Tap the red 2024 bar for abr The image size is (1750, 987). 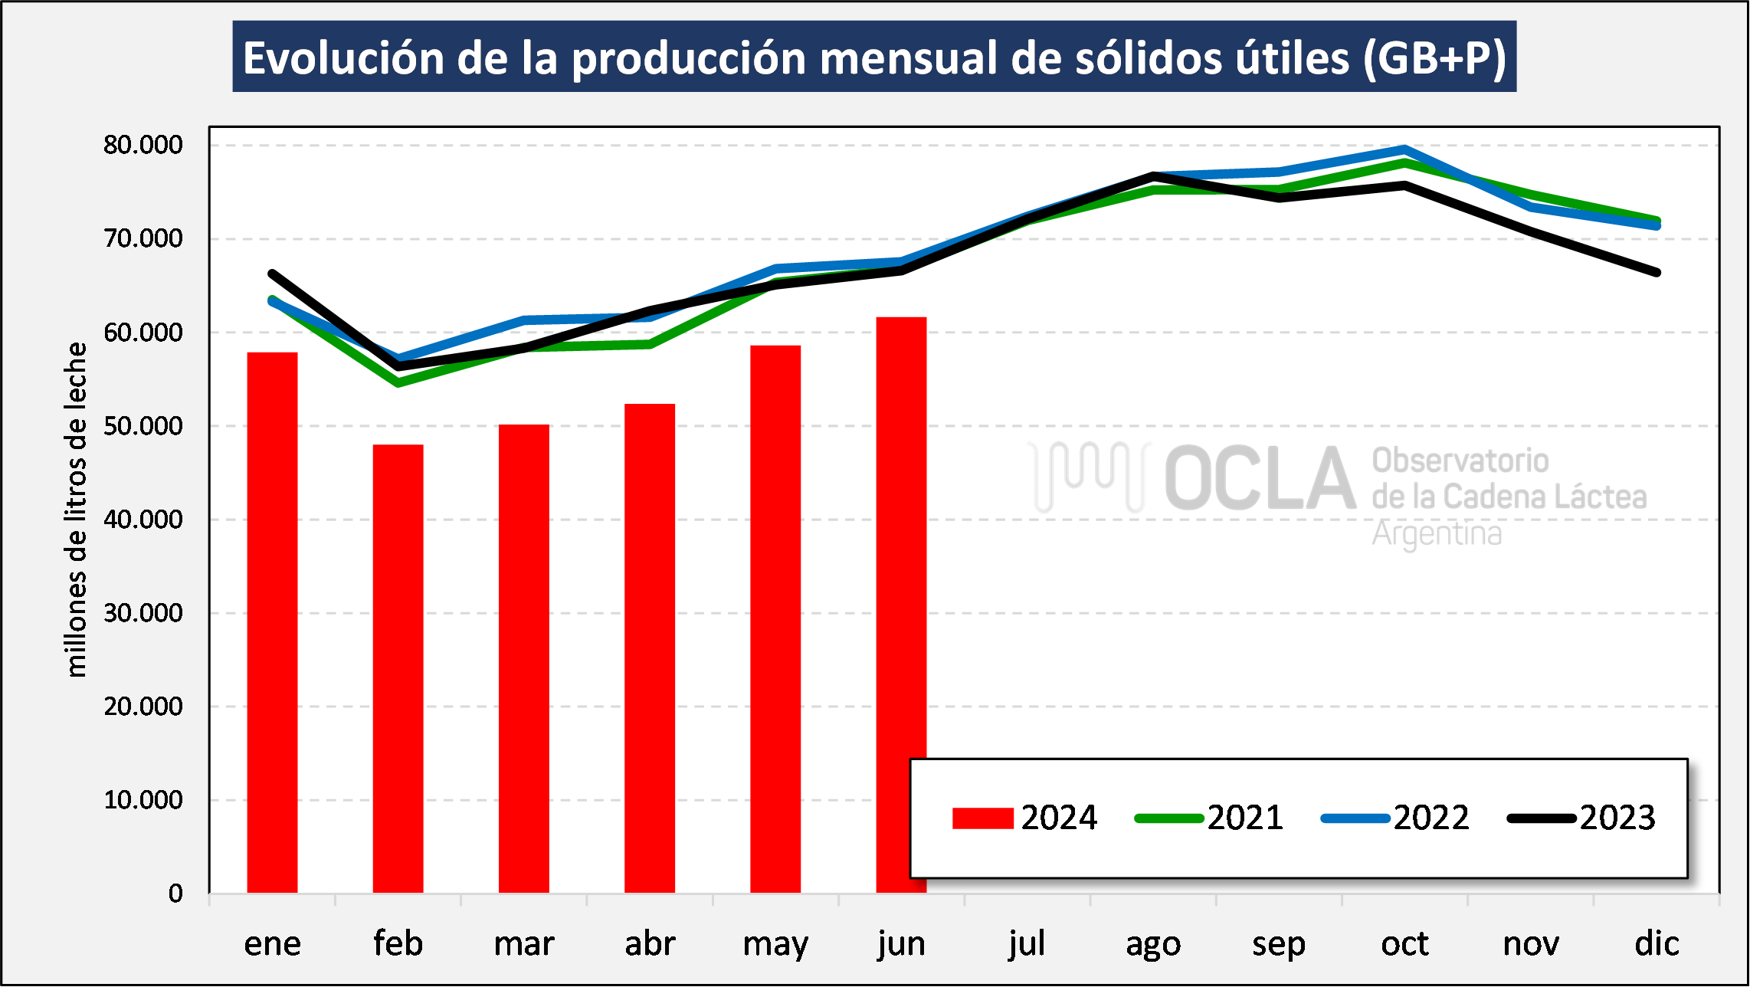[x=650, y=648]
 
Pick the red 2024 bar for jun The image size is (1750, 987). [x=901, y=536]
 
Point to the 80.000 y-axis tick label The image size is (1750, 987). [x=143, y=145]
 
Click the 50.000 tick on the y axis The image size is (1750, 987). [x=143, y=426]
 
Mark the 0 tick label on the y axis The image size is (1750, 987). [x=175, y=894]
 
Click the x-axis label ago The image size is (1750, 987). [x=1153, y=944]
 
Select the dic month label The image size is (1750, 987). [x=1657, y=944]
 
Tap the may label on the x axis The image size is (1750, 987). [x=775, y=944]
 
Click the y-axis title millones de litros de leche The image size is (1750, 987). [x=76, y=510]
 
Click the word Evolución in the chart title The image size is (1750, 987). [x=343, y=58]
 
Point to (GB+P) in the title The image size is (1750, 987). [x=1434, y=58]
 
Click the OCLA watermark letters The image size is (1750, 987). [x=1260, y=478]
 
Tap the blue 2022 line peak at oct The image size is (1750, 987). [x=1404, y=149]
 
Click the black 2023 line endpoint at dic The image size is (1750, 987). [x=1657, y=272]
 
